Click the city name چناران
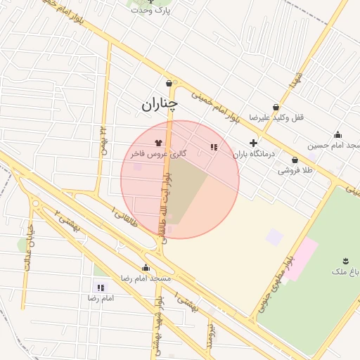click(160, 105)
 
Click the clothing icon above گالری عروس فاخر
click(157, 141)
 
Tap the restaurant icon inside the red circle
click(213, 147)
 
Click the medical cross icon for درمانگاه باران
click(253, 143)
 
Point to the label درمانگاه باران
click(254, 153)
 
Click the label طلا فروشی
click(295, 171)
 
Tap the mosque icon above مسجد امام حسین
click(338, 135)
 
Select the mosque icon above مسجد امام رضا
click(146, 267)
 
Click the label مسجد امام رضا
click(146, 278)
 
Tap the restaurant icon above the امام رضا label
click(101, 287)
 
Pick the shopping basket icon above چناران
click(169, 82)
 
